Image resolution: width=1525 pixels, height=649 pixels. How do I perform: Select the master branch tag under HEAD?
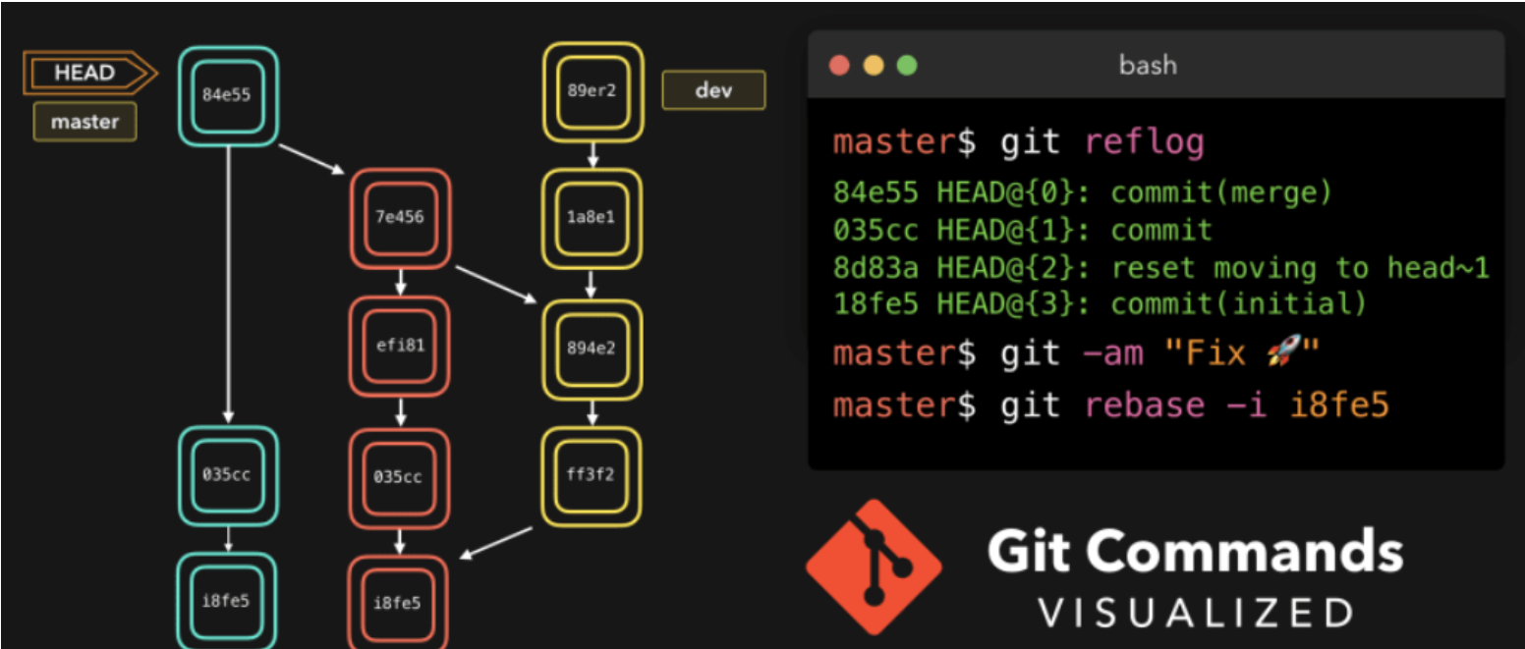point(85,123)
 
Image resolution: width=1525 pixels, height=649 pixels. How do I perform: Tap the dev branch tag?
point(714,90)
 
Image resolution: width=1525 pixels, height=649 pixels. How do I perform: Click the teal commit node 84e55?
point(227,95)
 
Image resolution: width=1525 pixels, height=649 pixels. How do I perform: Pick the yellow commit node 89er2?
point(592,91)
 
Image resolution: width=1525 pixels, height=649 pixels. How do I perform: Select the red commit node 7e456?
point(400,217)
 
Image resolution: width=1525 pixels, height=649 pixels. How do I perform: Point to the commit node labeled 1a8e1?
point(592,217)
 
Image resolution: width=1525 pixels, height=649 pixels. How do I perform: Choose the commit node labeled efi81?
point(400,346)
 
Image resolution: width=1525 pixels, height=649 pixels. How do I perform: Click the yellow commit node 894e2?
point(592,347)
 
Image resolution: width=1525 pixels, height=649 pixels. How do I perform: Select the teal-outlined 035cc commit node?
point(227,475)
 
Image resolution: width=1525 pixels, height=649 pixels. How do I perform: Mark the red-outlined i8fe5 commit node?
point(398,602)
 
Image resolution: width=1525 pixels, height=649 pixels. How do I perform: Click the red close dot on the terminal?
point(839,66)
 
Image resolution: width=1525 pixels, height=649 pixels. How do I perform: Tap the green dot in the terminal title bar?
point(906,66)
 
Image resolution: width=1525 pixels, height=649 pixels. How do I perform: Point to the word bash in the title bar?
point(1148,66)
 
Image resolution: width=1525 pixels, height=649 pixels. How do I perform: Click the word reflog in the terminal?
point(1144,143)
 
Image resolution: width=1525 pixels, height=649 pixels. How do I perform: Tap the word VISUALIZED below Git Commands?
point(1196,613)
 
